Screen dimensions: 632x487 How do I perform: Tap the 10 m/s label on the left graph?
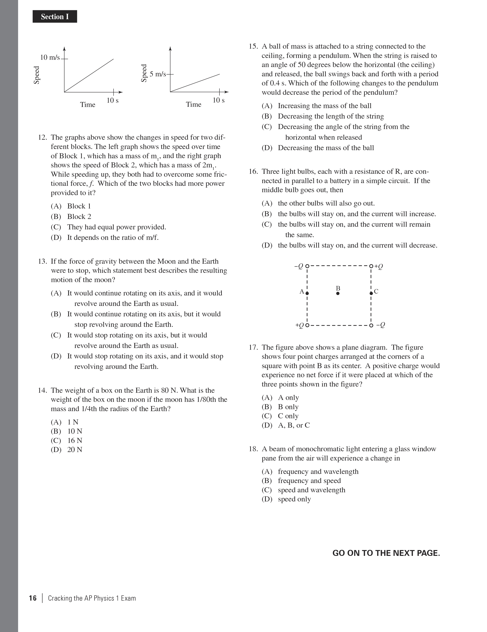[x=50, y=57]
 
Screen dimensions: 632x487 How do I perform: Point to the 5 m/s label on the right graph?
[x=157, y=74]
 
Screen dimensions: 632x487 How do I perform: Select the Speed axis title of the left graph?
[x=36, y=75]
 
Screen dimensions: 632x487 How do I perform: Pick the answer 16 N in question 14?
[x=75, y=440]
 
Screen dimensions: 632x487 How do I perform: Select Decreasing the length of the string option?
[x=331, y=116]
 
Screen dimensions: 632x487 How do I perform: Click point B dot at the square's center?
[x=338, y=293]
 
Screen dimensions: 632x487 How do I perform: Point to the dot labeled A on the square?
[x=307, y=293]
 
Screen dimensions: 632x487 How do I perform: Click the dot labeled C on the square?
[x=371, y=293]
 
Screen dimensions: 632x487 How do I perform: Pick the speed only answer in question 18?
[x=294, y=499]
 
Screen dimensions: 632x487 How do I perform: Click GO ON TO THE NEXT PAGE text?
[x=386, y=553]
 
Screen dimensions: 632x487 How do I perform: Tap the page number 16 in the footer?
[x=33, y=598]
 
